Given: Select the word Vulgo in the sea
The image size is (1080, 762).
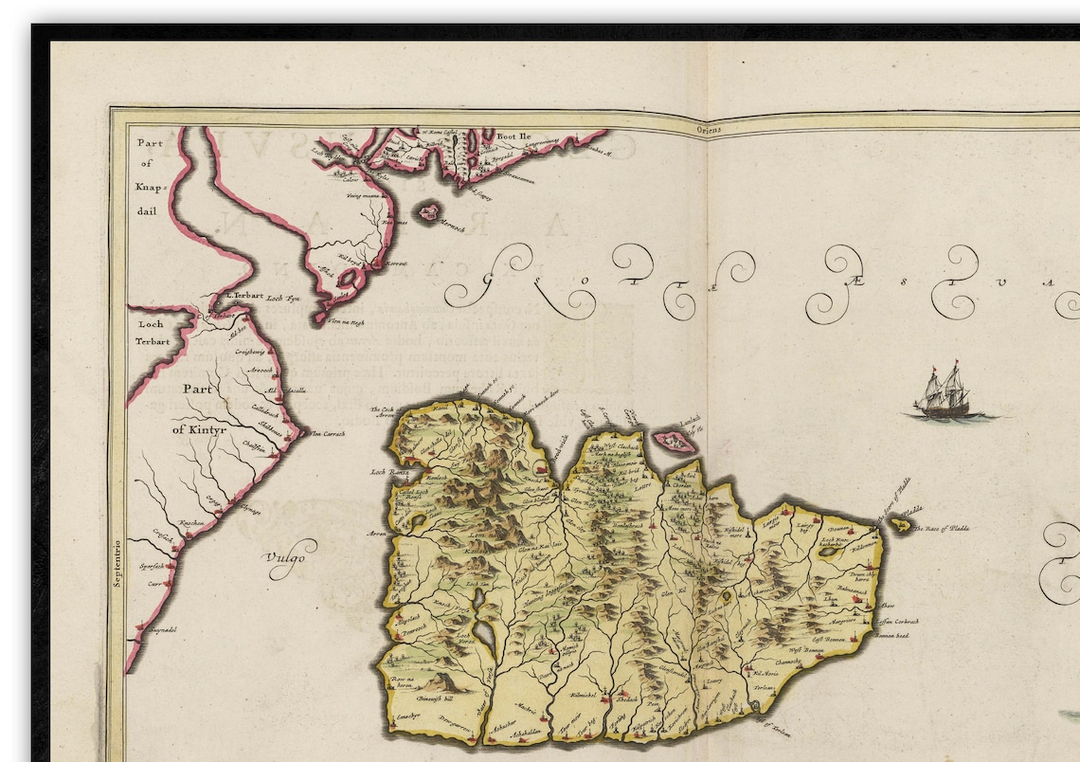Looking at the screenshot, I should pos(286,557).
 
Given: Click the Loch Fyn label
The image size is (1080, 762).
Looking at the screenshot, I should pos(280,299).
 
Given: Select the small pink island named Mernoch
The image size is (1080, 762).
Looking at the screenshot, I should pos(430,212).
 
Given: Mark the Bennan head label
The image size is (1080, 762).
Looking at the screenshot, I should pos(891,635).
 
